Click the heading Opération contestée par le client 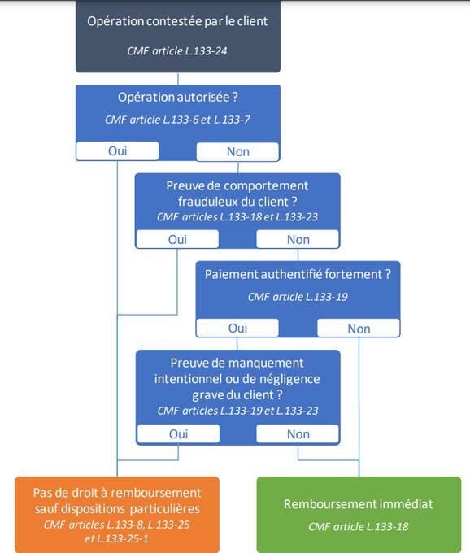177,21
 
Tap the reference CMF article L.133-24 177,51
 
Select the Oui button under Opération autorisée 117,151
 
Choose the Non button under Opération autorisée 237,151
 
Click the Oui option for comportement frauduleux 177,239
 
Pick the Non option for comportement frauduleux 298,239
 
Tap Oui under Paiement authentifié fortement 237,328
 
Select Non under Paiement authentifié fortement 359,329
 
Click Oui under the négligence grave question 178,433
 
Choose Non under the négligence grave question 298,433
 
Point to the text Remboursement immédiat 359,504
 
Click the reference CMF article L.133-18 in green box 359,526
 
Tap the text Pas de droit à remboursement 117,493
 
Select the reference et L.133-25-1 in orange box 116,538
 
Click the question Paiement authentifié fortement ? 298,274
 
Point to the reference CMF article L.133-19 298,297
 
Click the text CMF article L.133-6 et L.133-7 177,120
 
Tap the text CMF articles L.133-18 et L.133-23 237,216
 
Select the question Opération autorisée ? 178,97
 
